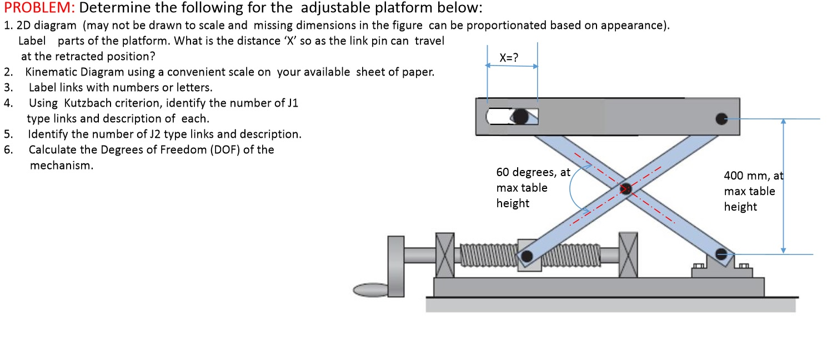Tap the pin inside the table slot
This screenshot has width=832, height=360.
click(520, 116)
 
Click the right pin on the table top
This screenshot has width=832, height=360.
click(721, 118)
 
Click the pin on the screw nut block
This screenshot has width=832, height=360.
click(527, 256)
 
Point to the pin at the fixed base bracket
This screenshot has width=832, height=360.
click(721, 254)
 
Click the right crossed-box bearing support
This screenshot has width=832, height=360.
click(628, 255)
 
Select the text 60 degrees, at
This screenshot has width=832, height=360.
click(533, 172)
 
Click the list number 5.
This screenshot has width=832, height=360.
click(8, 134)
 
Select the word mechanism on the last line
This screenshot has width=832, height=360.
click(61, 166)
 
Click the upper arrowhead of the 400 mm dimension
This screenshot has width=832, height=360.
click(783, 122)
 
